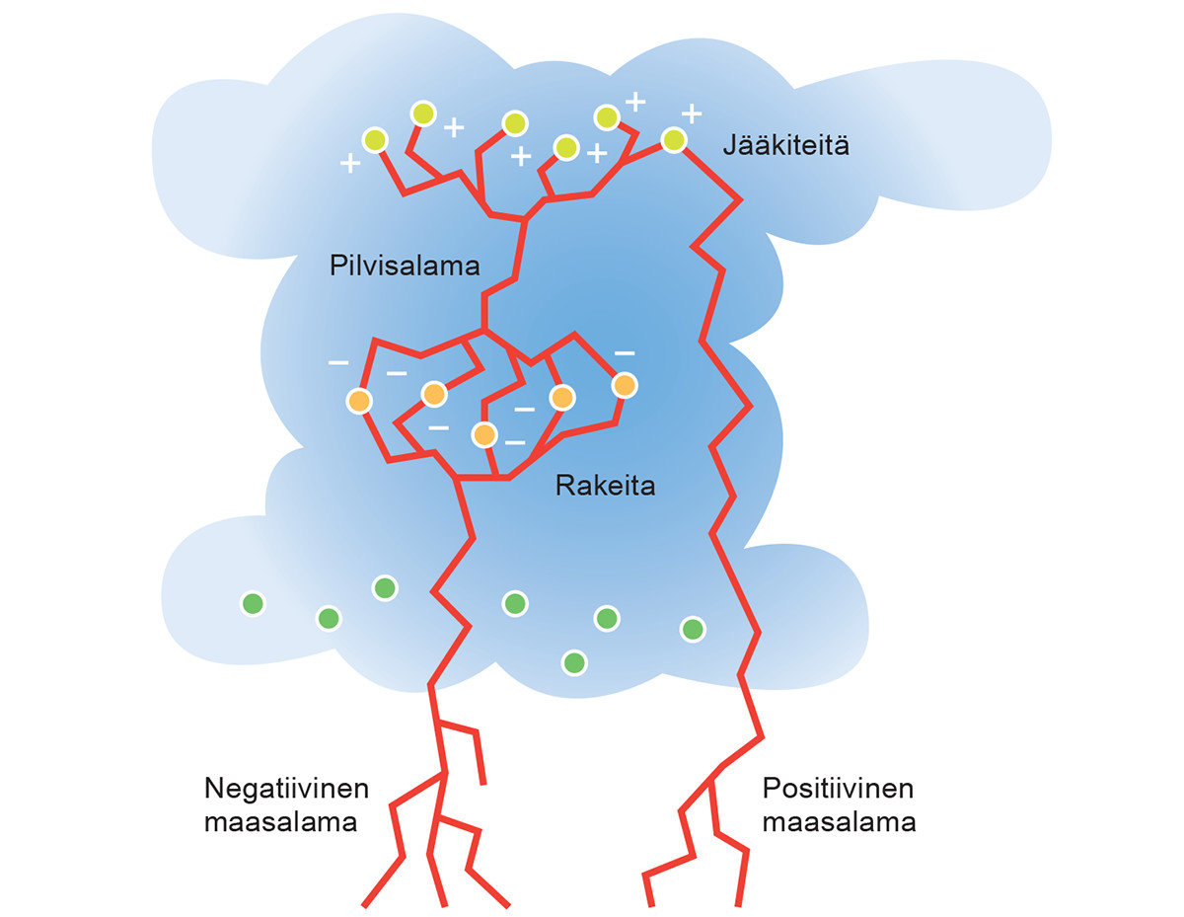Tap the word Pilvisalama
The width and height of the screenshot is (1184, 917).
coord(405,266)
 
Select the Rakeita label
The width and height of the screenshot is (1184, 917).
coord(605,486)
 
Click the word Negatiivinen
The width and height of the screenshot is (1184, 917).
coord(287,790)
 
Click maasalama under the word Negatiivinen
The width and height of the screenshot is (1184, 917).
coord(280,822)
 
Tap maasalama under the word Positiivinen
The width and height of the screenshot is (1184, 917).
coord(840,822)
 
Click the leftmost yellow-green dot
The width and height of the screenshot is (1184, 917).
coord(374,140)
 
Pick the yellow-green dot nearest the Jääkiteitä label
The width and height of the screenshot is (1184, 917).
coord(673,140)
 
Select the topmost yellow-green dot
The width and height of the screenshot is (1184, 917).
coord(422,114)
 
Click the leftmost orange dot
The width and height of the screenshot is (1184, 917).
coord(359,401)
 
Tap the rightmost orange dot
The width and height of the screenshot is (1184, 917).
coord(624,385)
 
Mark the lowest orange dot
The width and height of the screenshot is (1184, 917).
coord(483,434)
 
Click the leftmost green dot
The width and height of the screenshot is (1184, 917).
coord(253,603)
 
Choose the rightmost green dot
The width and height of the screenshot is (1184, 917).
coord(693,629)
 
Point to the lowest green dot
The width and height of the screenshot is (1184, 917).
coord(573,662)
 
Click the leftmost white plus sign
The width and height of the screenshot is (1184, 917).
coord(349,164)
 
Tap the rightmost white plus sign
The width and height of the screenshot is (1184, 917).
coord(693,113)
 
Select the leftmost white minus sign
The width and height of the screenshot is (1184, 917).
coord(338,363)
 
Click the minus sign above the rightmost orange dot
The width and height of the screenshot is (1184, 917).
coord(625,352)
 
